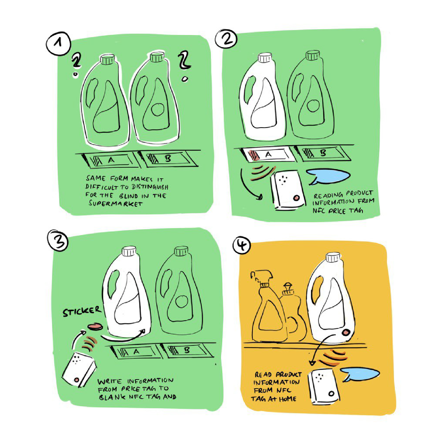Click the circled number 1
[x=58, y=44]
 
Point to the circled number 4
[x=242, y=245]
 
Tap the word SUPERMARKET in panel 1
[x=115, y=204]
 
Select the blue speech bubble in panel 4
[x=360, y=374]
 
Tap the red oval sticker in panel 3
[x=95, y=327]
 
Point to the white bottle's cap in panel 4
[x=333, y=257]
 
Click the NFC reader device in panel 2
[x=288, y=190]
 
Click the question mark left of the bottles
[x=76, y=65]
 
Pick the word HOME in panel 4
[x=288, y=399]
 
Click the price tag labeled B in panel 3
[x=187, y=351]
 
